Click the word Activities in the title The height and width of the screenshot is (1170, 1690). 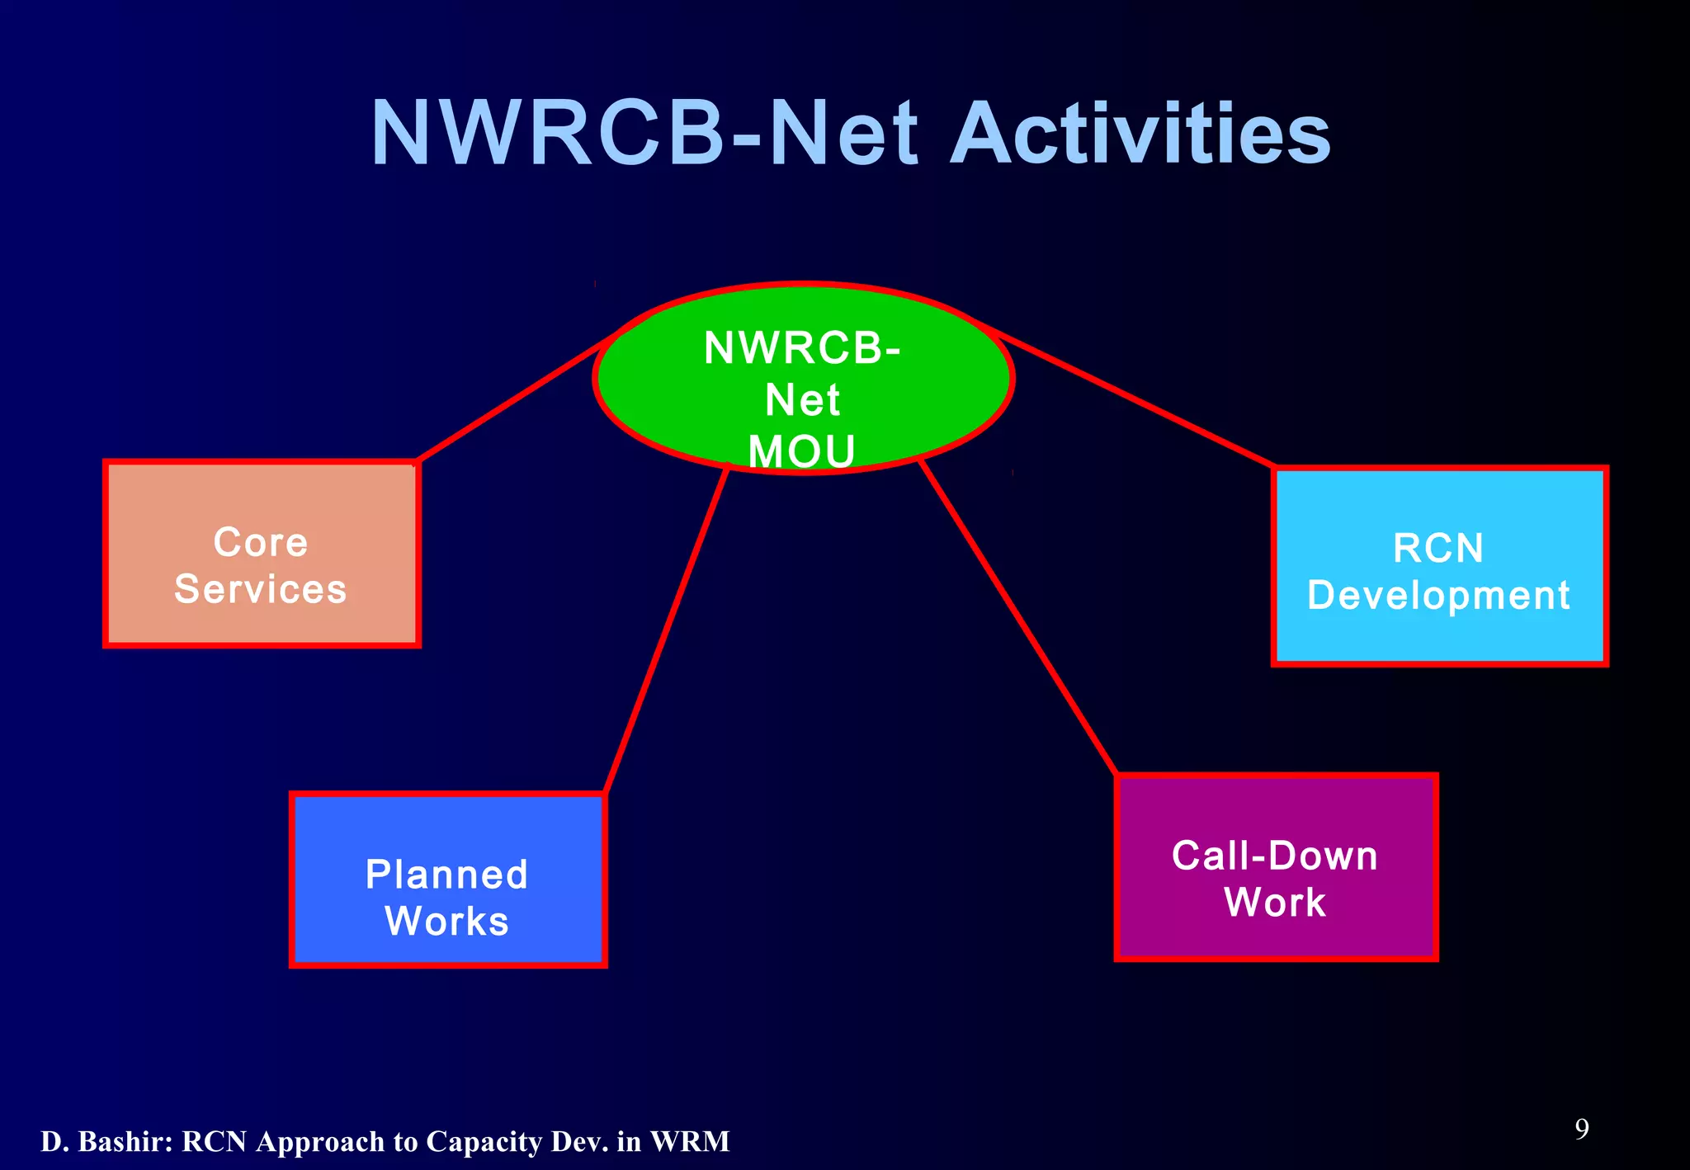[1140, 134]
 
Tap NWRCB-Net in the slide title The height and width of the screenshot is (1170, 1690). [644, 134]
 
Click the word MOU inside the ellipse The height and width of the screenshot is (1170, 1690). [801, 451]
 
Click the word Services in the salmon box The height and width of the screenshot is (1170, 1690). [260, 589]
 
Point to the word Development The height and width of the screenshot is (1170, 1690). [1438, 595]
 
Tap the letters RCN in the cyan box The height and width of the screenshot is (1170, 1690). [1438, 548]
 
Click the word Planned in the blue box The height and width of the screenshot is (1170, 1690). [446, 875]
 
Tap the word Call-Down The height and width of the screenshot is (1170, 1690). [1275, 856]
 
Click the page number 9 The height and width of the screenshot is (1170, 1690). [1581, 1129]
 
